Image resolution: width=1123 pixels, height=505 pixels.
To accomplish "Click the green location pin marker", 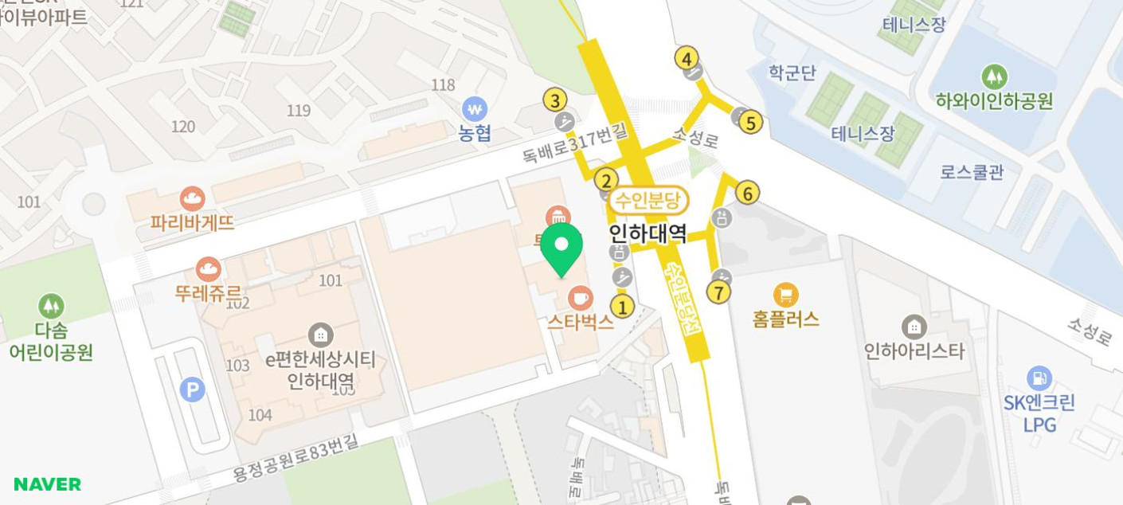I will point(561,247).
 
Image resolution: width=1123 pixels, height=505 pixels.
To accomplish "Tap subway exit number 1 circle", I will point(622,307).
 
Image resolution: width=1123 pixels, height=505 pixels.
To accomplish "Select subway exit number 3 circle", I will point(555,100).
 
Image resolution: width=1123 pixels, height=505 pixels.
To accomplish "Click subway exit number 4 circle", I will point(687,58).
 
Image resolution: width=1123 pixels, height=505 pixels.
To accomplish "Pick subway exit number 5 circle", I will point(750,123).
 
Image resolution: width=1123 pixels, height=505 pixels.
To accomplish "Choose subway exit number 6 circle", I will point(746,193).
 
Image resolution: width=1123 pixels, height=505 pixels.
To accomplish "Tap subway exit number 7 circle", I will point(718,292).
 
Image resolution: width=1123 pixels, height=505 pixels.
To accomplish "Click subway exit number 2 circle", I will point(606,181).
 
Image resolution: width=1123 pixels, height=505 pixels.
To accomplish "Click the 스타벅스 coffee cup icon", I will point(580,298).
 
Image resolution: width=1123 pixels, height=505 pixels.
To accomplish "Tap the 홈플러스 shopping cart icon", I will point(785,296).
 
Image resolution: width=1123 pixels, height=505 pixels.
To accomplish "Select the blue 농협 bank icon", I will point(475,109).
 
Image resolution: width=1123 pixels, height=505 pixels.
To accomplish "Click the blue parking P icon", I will point(192,390).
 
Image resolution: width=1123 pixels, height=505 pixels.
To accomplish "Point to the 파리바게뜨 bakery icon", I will point(192,198).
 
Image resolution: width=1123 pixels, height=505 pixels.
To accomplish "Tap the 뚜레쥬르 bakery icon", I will point(208,269).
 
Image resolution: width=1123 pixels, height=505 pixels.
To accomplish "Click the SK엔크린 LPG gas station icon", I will point(1039,378).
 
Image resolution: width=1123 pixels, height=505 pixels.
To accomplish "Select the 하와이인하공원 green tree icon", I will point(994,77).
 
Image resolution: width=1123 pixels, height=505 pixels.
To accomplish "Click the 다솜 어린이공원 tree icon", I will point(51,306).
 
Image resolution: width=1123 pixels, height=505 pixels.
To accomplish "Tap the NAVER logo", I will point(48,484).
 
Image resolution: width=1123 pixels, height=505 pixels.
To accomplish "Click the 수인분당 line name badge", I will point(648,201).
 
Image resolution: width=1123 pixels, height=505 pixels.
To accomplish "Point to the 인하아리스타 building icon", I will point(914,327).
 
